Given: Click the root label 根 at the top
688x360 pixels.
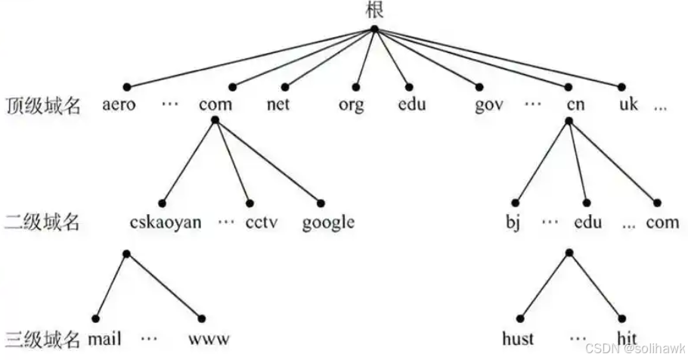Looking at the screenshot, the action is pyautogui.click(x=374, y=10).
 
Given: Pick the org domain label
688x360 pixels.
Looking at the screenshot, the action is pyautogui.click(x=351, y=105).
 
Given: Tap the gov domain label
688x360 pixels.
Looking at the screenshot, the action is pyautogui.click(x=489, y=105).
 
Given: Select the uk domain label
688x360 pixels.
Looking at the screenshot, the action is pyautogui.click(x=628, y=105).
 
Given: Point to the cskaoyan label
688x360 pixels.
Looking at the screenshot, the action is pyautogui.click(x=165, y=222).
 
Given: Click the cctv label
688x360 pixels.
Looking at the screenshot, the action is pyautogui.click(x=260, y=222).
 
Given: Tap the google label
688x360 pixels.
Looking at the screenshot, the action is pyautogui.click(x=328, y=222).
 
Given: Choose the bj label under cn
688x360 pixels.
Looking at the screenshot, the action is pyautogui.click(x=513, y=222).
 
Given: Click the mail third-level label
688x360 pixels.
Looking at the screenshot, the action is pyautogui.click(x=104, y=337).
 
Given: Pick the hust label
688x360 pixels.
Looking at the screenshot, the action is pyautogui.click(x=518, y=337).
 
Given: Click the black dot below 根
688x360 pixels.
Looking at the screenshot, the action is pyautogui.click(x=374, y=29).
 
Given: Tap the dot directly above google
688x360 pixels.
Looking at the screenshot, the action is pyautogui.click(x=321, y=203).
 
